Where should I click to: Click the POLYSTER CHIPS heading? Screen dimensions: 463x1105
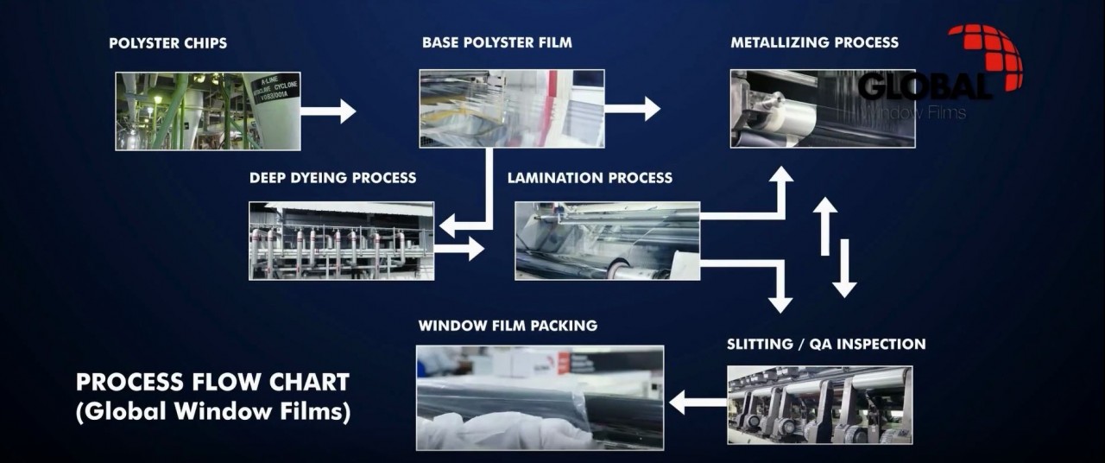point(167,43)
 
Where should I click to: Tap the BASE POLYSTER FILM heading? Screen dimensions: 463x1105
point(496,42)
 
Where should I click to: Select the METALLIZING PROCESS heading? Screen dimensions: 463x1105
point(814,42)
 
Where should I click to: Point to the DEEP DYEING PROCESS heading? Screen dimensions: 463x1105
point(332,178)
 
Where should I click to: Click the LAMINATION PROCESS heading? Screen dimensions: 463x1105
point(590,178)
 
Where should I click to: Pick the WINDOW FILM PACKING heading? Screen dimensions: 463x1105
point(508,326)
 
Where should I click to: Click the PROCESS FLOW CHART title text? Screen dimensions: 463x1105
point(212,382)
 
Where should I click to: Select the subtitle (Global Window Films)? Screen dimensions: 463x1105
point(212,412)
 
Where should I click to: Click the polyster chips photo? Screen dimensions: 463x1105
point(208,111)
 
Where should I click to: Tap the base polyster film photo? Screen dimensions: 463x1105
point(511,109)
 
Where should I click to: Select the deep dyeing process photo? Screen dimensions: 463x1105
point(341,240)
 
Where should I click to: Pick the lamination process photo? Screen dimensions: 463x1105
point(607,240)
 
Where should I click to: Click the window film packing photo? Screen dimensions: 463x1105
point(540,397)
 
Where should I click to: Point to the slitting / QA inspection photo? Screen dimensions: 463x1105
point(819,404)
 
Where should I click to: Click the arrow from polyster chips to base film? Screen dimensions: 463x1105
point(328,111)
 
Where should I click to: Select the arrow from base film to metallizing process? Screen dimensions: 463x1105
point(633,109)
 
